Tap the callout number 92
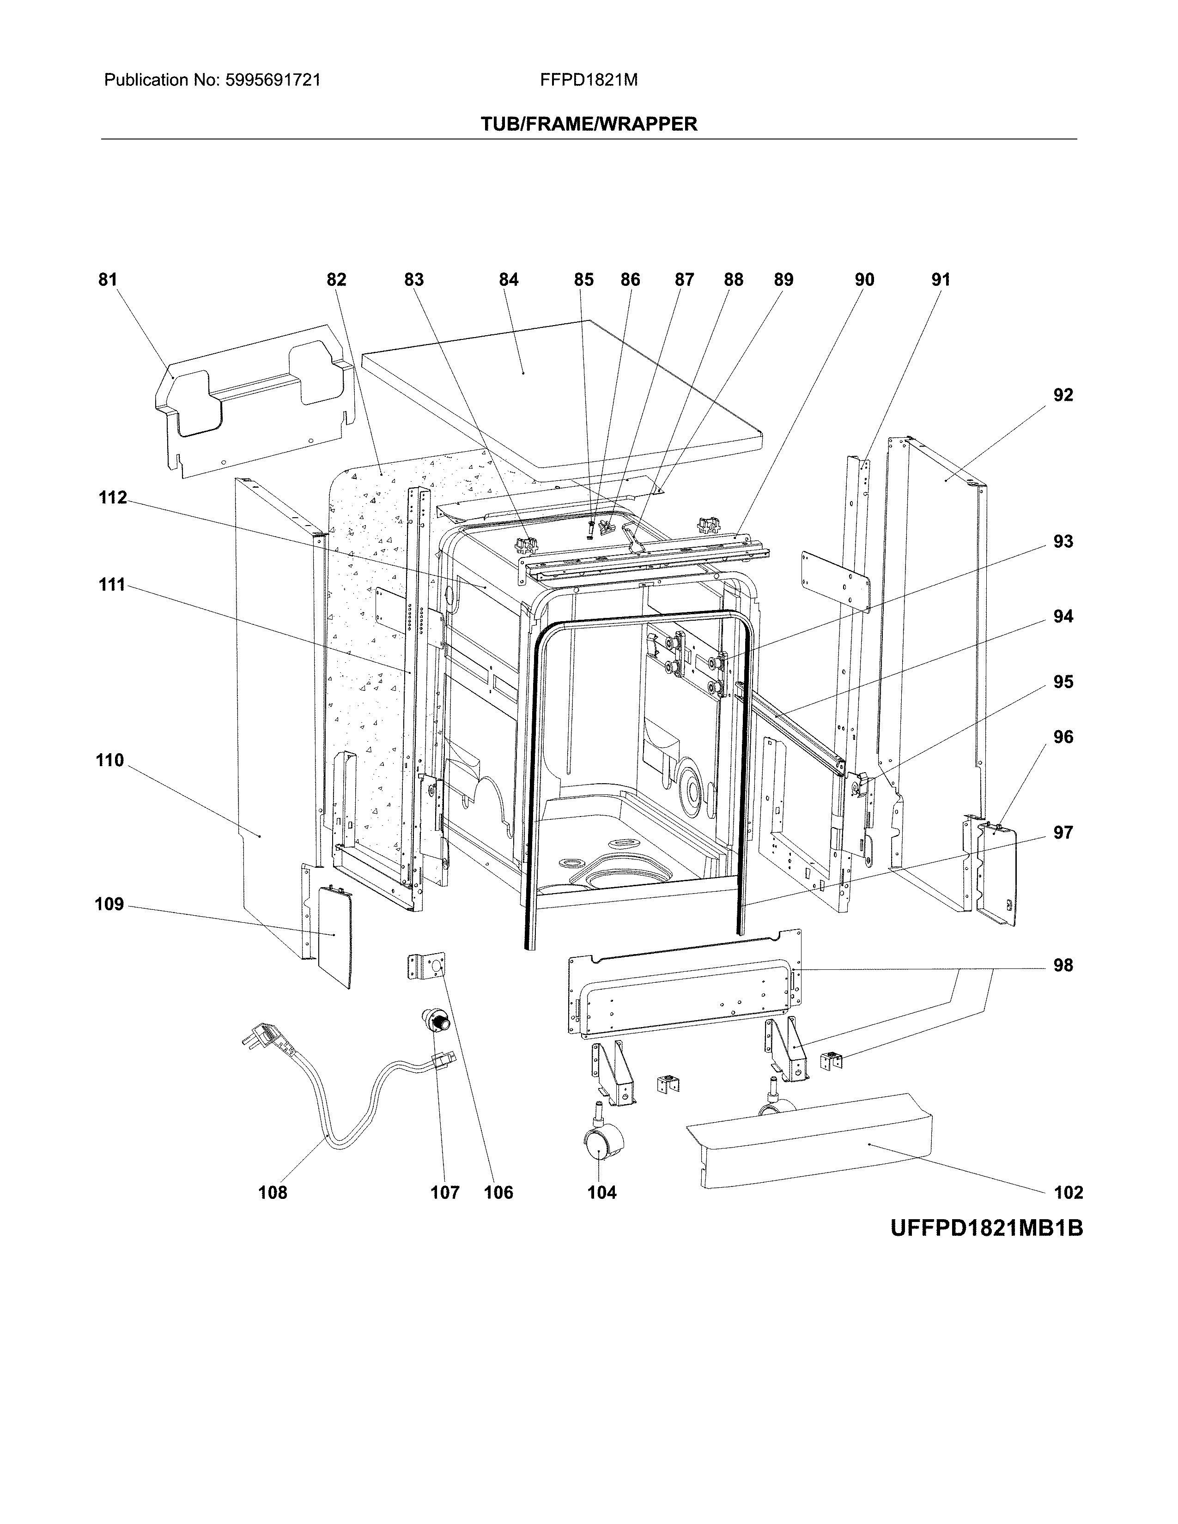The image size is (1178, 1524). tap(1062, 395)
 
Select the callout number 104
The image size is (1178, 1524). tap(601, 1192)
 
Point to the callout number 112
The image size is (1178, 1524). tap(112, 497)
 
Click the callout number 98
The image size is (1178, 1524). tap(1062, 966)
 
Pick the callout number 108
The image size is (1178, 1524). tap(272, 1192)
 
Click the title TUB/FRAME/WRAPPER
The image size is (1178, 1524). tap(588, 124)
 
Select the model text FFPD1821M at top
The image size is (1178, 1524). tap(588, 80)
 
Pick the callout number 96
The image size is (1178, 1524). tap(1062, 737)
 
